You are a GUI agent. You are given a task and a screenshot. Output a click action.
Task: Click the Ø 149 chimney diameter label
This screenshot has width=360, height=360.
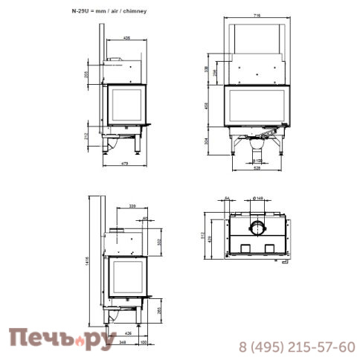point(257,197)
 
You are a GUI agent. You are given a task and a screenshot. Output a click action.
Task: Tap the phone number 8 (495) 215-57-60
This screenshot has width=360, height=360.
point(296,346)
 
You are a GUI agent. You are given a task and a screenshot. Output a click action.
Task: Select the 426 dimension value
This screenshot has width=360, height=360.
point(128,332)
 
